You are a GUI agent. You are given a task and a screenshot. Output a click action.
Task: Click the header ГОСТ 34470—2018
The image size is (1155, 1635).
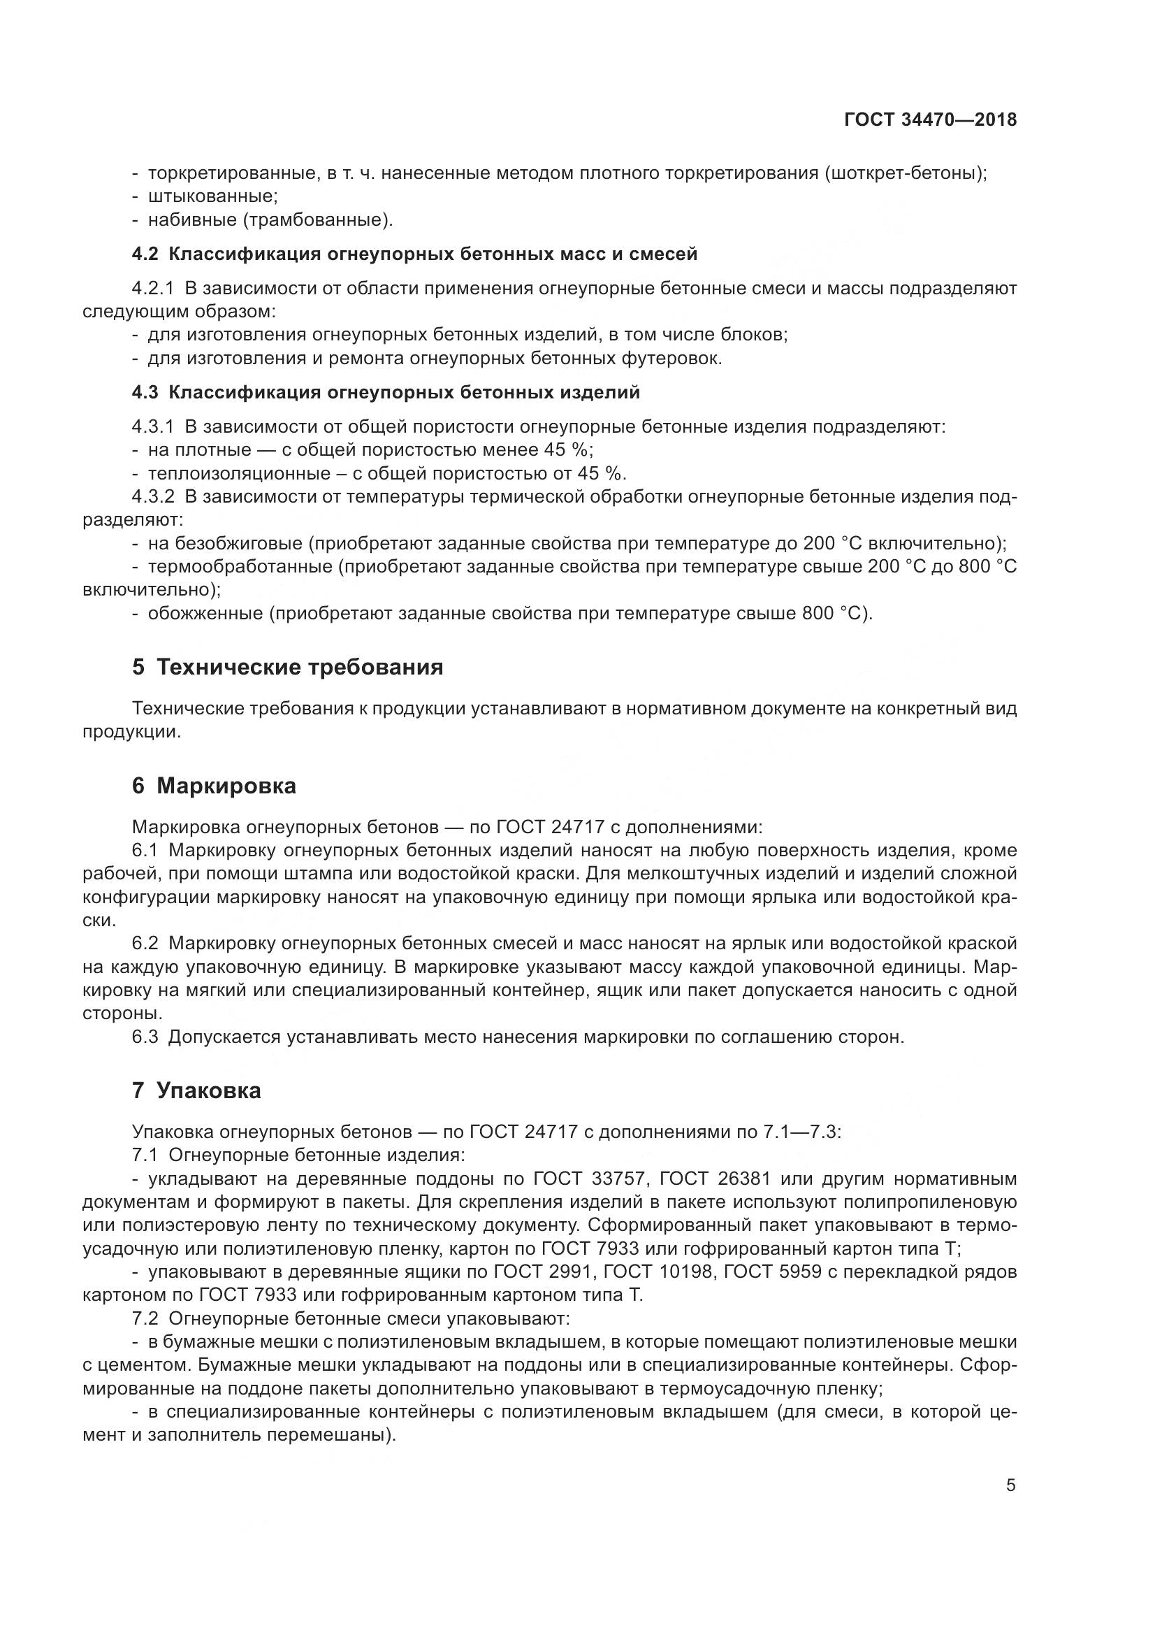(x=929, y=120)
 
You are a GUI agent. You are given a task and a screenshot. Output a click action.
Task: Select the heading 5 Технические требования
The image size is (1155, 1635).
(x=287, y=668)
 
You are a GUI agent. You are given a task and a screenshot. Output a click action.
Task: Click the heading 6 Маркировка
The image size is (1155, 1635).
(x=215, y=786)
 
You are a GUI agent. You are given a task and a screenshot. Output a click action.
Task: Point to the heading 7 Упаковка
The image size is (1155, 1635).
(x=196, y=1091)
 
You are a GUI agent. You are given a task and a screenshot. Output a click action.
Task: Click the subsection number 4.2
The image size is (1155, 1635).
(x=146, y=254)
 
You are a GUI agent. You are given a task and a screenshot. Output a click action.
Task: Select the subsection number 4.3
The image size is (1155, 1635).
(x=146, y=392)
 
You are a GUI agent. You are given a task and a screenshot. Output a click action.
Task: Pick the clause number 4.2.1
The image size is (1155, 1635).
(x=153, y=289)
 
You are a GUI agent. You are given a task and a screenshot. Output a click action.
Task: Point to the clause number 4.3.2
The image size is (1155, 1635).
(x=153, y=496)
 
